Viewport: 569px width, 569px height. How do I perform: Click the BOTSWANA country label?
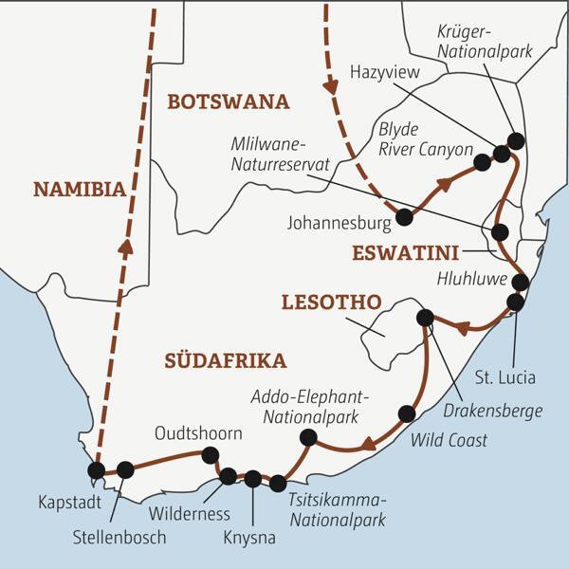point(228,101)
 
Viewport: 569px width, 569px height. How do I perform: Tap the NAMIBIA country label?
point(79,189)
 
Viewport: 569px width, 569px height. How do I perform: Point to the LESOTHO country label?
point(331,303)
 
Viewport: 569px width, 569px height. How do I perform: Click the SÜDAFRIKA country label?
point(225,360)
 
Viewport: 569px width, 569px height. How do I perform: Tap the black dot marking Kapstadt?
point(96,469)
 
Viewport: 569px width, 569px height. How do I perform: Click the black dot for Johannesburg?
point(404,217)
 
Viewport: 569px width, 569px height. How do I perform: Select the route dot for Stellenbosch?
point(125,468)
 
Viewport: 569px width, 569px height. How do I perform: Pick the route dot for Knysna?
point(252,479)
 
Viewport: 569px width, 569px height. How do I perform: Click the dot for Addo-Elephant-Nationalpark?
point(307,437)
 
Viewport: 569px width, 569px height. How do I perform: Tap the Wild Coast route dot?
point(407,413)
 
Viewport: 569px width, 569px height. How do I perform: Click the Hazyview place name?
point(382,71)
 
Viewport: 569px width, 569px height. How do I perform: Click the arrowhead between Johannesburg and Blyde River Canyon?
point(441,187)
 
